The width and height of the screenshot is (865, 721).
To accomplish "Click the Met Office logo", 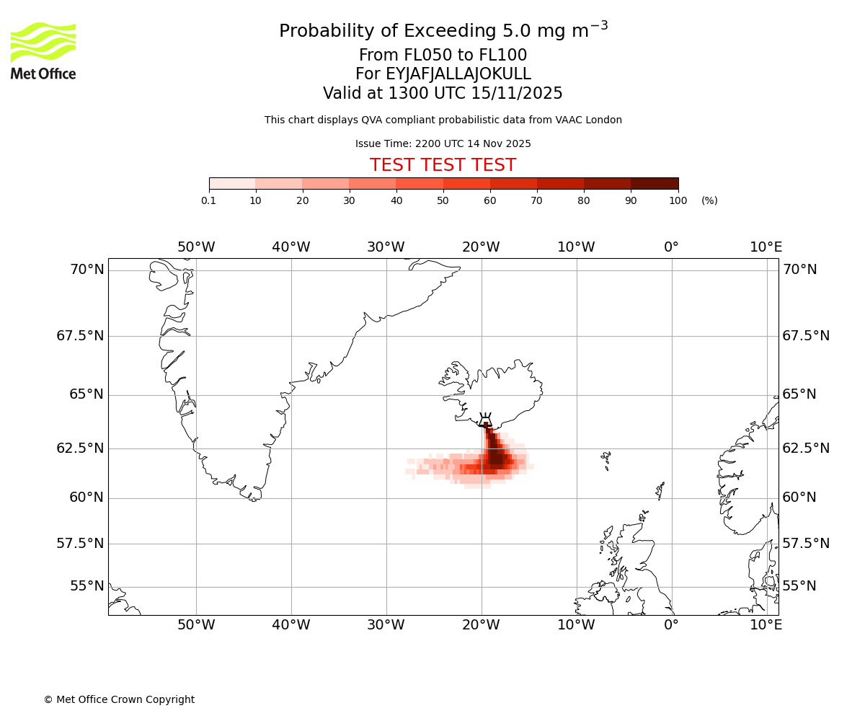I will [x=43, y=50].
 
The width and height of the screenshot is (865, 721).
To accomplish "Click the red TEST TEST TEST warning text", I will [x=443, y=165].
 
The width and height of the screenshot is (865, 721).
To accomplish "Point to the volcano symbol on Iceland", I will [x=486, y=420].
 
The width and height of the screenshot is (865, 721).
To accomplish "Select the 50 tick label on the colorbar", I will [x=443, y=200].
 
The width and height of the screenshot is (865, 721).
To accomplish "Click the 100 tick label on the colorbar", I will [x=678, y=200].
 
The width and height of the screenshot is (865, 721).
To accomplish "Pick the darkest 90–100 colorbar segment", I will [x=655, y=183].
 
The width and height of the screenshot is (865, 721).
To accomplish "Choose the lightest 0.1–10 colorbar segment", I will [x=232, y=183].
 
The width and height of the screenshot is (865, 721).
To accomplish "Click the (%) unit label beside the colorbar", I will [x=709, y=200].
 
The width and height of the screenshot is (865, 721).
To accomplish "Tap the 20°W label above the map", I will [x=481, y=247].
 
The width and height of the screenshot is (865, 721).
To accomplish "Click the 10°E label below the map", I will [x=766, y=624].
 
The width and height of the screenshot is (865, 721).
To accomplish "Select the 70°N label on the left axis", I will [x=86, y=270].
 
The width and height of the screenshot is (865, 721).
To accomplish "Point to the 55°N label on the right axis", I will [x=799, y=585].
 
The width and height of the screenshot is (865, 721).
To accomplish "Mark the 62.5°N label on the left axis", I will [x=80, y=448].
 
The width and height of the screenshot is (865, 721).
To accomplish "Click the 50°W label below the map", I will [x=196, y=624].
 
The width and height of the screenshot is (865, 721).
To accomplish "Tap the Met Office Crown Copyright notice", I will [x=119, y=699].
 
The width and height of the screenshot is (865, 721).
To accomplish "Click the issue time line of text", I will [x=443, y=144].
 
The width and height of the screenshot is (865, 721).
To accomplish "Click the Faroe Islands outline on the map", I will [x=606, y=459].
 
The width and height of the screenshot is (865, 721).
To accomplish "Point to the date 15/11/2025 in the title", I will [x=517, y=94].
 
